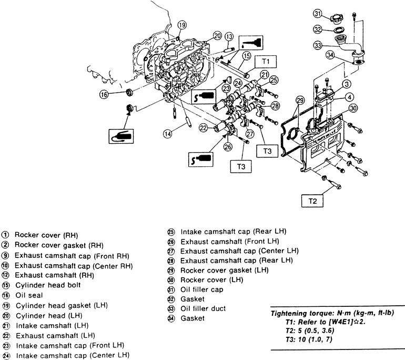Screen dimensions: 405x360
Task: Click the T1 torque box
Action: point(266,62)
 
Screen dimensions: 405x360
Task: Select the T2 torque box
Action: point(312,201)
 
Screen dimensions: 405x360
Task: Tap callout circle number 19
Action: point(182,25)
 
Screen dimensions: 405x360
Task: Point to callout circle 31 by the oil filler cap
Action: point(318,14)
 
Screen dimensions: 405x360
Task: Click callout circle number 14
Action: point(168,134)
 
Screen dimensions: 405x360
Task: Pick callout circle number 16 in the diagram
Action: point(104,95)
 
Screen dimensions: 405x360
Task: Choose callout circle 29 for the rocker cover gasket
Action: point(300,101)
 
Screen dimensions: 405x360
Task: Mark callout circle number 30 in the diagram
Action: point(353,108)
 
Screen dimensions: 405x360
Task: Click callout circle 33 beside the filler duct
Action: point(318,45)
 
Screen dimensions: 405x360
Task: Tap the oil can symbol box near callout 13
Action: point(251,43)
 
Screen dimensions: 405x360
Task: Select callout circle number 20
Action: point(217,36)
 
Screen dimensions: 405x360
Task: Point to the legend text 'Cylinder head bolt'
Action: point(48,285)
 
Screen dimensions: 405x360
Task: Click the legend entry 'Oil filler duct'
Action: point(203,308)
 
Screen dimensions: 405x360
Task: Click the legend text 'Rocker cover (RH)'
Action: point(46,235)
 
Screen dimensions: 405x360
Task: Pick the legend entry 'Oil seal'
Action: point(29,295)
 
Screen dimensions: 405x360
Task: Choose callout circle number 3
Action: point(347,84)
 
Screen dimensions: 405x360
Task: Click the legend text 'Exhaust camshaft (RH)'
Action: point(55,275)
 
